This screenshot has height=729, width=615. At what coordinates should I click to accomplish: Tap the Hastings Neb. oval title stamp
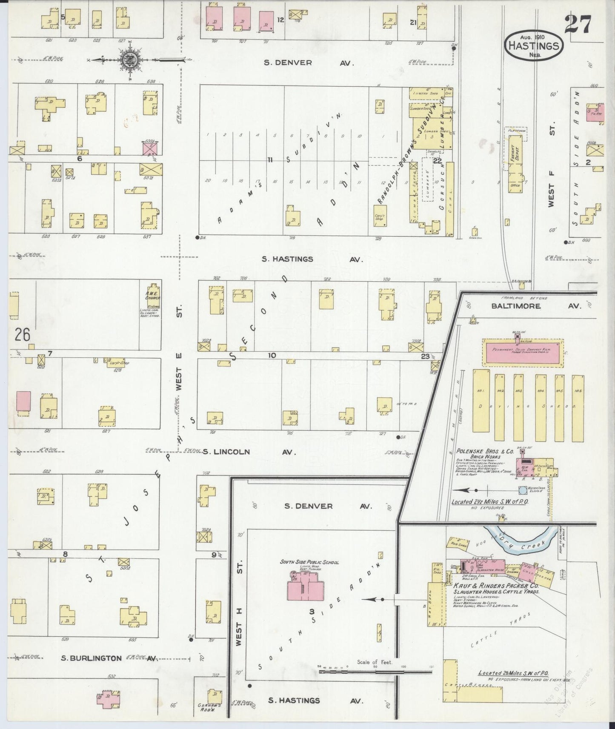pyautogui.click(x=534, y=46)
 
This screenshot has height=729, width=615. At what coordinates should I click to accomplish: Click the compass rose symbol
pyautogui.click(x=128, y=60)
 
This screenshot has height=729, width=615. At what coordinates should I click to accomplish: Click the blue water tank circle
pyautogui.click(x=523, y=490)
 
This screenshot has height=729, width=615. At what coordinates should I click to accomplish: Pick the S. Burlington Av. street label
pyautogui.click(x=109, y=669)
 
